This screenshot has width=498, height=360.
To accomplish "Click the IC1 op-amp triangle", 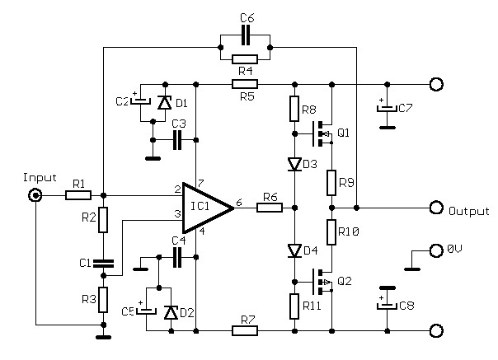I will click(x=206, y=206).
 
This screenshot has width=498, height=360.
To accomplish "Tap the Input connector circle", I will click(x=36, y=195).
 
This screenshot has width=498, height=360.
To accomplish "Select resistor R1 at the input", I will click(x=78, y=195).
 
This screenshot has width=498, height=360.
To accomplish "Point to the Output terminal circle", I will click(x=436, y=207).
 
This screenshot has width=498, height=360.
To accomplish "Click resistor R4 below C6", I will click(x=245, y=58).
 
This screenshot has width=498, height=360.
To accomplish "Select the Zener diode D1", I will click(x=163, y=103).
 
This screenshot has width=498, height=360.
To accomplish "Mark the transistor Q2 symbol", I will click(x=318, y=282).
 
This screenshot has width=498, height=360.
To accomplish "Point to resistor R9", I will click(x=331, y=181).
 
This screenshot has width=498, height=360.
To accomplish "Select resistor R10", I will click(x=331, y=233).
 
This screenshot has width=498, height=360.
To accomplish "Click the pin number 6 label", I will click(x=238, y=201).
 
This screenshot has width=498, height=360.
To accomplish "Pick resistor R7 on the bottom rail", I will click(x=245, y=331).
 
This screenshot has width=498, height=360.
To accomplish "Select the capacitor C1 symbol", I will click(x=103, y=264).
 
